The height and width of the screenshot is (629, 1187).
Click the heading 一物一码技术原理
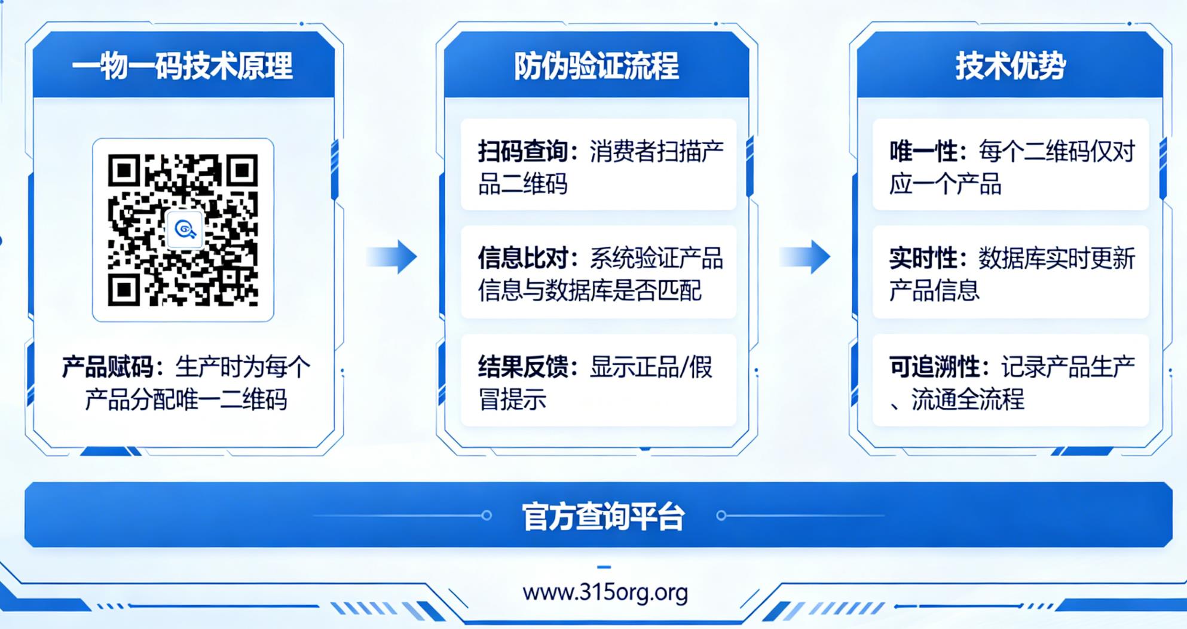coord(182,66)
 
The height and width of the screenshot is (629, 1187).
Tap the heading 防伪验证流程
coord(596,66)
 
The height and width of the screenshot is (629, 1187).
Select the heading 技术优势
coord(1010,66)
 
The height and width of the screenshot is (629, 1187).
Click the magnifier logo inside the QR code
coord(185,229)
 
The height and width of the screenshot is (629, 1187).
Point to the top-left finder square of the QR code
coord(124,171)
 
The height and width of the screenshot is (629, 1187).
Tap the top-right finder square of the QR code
coord(241,171)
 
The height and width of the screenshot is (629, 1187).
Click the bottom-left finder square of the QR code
coord(124,290)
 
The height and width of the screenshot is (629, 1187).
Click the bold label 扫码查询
coord(523,152)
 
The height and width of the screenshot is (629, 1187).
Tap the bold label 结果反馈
coord(523,367)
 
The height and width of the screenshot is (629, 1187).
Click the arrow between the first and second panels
coord(393,257)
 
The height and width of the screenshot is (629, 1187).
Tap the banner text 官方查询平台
coord(602,516)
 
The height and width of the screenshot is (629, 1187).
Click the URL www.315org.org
coord(605,593)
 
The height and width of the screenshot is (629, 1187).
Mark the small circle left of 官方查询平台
coord(487,515)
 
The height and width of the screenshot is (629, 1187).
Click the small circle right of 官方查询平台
coord(721,515)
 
